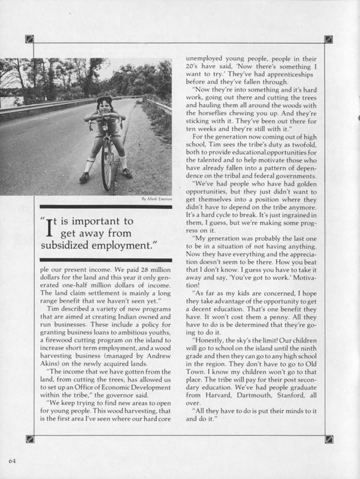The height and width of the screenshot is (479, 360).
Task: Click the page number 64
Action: pyautogui.click(x=12, y=460)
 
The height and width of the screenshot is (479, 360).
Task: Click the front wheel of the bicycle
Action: pyautogui.click(x=107, y=165)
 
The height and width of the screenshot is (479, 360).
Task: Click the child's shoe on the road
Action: pyautogui.click(x=84, y=177)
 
